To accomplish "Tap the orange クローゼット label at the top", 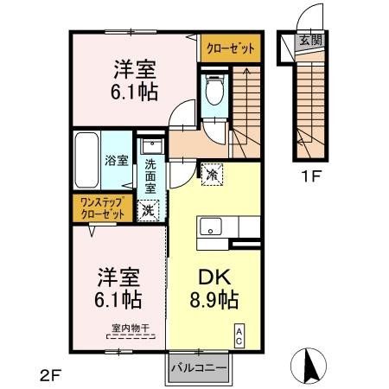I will point(230,49).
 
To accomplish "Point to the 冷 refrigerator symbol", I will point(212,174).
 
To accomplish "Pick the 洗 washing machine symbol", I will point(150,208).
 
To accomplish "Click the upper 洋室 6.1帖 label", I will point(134,79).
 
